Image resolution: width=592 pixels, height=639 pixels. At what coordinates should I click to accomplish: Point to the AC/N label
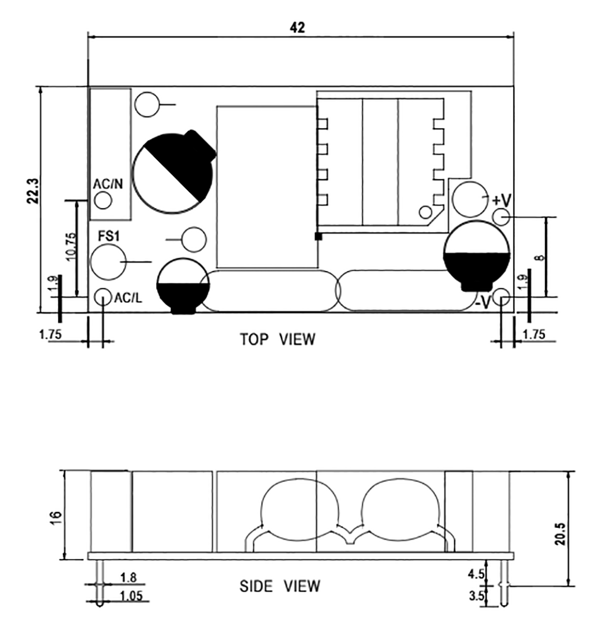[x=107, y=184]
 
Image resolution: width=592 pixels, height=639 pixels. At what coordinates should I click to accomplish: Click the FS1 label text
[x=109, y=236]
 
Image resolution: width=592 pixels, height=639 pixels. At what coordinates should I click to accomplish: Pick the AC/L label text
[x=128, y=298]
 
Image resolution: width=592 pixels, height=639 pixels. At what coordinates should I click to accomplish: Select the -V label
[x=483, y=302]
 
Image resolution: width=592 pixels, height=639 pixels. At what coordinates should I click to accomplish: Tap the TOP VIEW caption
[x=277, y=339]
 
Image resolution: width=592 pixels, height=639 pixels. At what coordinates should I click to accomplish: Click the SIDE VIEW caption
[x=280, y=586]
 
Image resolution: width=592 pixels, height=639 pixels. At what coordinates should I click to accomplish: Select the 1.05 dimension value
[x=131, y=596]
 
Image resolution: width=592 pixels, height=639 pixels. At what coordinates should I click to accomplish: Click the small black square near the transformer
[x=319, y=237]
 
